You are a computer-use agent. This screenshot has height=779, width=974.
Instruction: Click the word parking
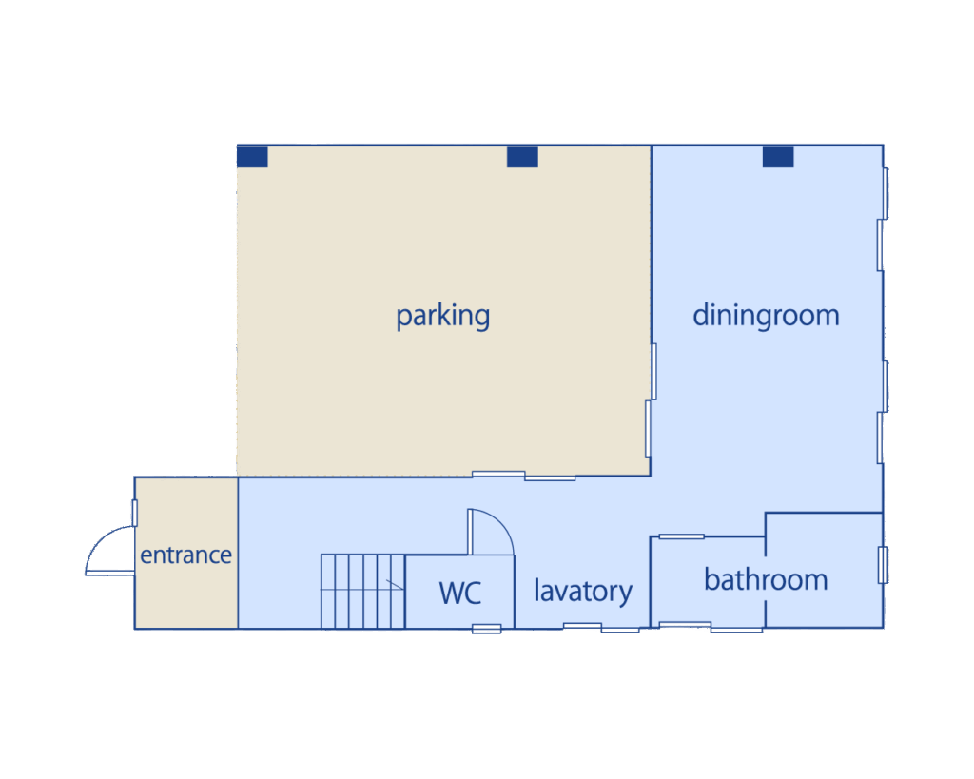[x=443, y=316]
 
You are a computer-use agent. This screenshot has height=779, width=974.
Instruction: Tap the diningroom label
[x=766, y=316]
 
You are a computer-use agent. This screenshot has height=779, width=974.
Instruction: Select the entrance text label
[x=185, y=555]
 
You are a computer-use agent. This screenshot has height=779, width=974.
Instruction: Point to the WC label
[x=459, y=593]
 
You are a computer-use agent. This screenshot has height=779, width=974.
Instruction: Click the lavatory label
[x=583, y=591]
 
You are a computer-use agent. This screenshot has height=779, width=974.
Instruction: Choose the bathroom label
[x=766, y=579]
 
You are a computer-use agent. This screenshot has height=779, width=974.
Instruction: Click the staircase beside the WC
[x=362, y=592]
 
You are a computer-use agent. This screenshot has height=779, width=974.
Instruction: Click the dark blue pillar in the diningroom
[x=778, y=157]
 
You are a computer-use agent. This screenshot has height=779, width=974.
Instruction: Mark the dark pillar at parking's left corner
[x=252, y=157]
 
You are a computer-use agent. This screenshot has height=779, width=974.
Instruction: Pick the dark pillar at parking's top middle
[x=522, y=157]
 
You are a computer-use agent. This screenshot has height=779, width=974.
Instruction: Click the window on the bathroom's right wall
[x=883, y=565]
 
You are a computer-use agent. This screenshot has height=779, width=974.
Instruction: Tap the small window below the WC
[x=486, y=630]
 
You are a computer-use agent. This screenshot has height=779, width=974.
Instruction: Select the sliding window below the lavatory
[x=601, y=628]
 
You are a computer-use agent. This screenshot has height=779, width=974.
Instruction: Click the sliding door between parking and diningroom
[x=651, y=400]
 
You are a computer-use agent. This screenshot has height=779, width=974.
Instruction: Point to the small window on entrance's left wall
[x=135, y=513]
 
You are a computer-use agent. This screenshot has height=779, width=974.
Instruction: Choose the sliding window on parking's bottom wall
[x=524, y=476]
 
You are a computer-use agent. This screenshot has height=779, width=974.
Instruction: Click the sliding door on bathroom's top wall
[x=681, y=536]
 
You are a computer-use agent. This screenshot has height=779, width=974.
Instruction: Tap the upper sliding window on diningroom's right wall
[x=883, y=220]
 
